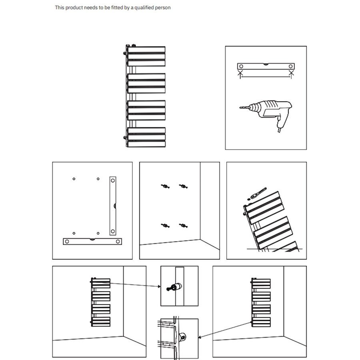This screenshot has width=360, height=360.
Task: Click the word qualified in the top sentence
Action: [148, 8]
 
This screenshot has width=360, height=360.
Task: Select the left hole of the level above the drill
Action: [241, 66]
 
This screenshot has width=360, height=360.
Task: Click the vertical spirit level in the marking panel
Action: [113, 206]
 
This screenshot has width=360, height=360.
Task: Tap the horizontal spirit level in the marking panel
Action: [92, 241]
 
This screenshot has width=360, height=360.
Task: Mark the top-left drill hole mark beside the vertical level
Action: [74, 178]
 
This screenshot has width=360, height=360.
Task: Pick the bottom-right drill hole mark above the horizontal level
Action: [98, 233]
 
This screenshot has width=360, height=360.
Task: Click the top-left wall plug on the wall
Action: [164, 186]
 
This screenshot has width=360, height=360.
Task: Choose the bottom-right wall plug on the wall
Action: [184, 226]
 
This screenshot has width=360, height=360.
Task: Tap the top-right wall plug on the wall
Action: [184, 186]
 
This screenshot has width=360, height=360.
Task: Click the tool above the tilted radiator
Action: [256, 194]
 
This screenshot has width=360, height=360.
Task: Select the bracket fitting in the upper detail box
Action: [175, 287]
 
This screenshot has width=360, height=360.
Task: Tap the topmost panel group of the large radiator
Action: [146, 56]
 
